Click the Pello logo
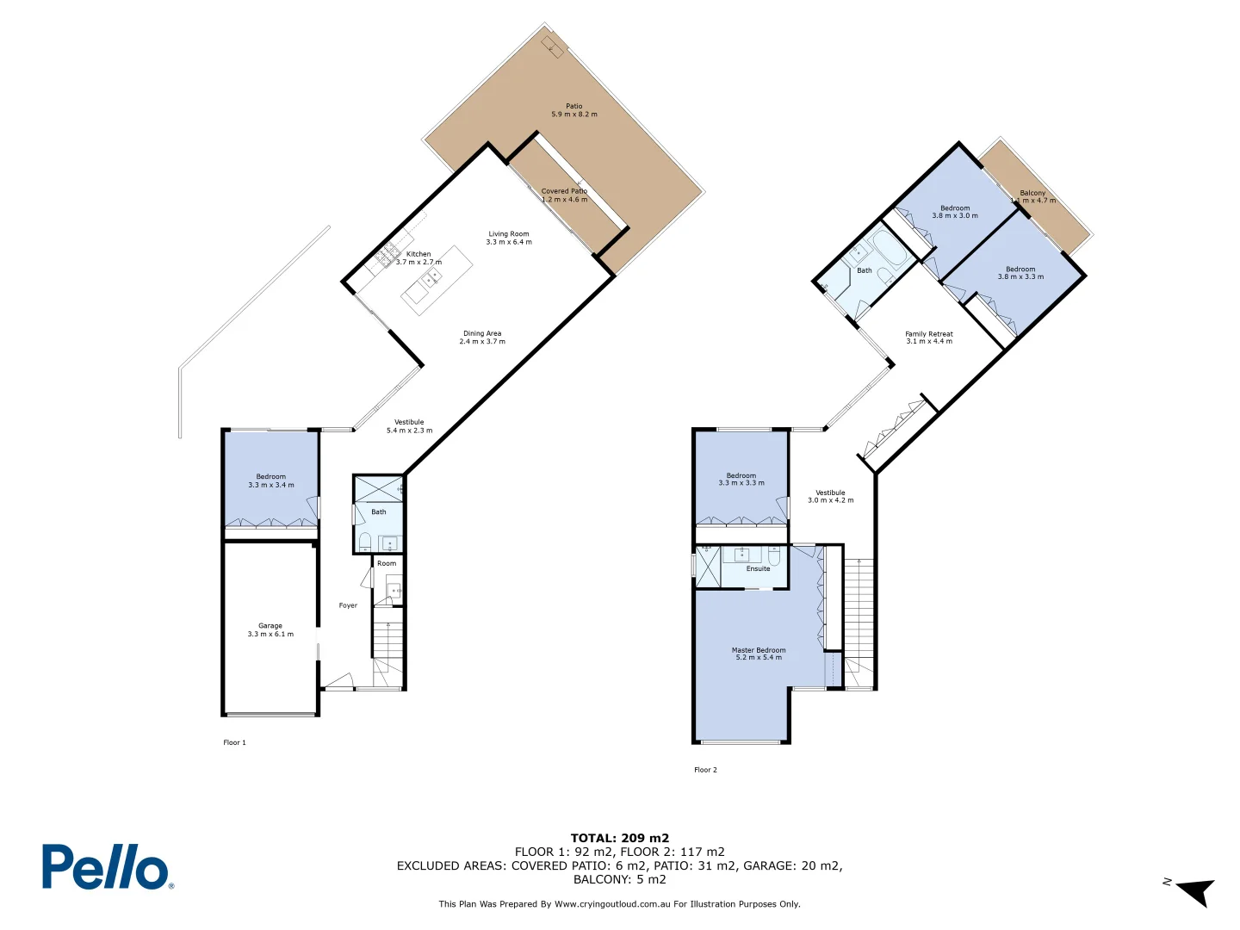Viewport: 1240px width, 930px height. point(107,866)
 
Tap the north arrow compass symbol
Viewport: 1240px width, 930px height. point(1193,891)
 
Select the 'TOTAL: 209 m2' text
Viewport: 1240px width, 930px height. point(619,838)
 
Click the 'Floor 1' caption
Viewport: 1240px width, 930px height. point(234,742)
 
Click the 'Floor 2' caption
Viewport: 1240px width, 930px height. point(705,770)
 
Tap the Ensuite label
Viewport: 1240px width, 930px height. point(758,568)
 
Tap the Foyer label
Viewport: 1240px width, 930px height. point(348,605)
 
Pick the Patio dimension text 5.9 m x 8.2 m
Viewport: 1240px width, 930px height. point(574,115)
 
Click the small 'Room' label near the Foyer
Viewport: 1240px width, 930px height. point(387,563)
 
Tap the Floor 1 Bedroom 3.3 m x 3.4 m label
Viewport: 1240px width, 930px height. point(271,480)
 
